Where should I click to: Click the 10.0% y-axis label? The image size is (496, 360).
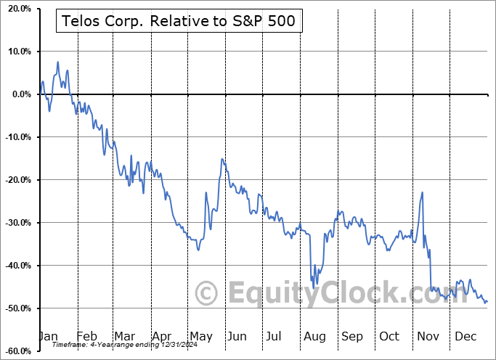point(17,52)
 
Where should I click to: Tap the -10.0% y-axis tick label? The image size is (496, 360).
point(16,137)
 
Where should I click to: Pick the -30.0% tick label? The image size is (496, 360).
point(16,223)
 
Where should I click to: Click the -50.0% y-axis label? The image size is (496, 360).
point(16,308)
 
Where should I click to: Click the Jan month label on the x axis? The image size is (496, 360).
point(48,337)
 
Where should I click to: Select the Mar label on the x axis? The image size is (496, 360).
point(124,337)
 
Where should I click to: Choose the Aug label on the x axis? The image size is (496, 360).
point(314,337)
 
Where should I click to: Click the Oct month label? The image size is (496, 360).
point(389,337)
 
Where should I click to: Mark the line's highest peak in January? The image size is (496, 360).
point(57,62)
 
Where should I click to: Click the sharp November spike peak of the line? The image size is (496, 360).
point(422,192)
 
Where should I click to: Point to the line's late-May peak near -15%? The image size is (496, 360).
point(223,159)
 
